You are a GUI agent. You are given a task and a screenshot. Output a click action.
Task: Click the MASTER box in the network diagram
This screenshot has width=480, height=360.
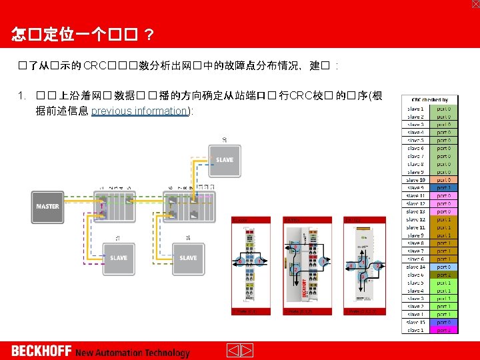pos(47,207)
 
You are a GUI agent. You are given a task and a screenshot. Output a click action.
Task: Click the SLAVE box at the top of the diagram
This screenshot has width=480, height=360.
pos(224,159)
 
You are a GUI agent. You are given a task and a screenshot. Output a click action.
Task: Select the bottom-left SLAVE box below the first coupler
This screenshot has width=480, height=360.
pos(118,257)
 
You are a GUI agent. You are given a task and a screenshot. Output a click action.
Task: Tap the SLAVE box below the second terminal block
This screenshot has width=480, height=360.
pos(188,257)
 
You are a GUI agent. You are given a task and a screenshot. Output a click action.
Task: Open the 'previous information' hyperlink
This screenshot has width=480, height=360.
pos(140,111)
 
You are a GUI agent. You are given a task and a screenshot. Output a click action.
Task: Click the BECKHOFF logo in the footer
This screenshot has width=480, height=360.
pos(41,351)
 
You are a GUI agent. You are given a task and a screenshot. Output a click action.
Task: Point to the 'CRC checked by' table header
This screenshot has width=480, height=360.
pos(430,99)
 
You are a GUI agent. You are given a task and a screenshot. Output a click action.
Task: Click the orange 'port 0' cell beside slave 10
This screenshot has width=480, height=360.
pos(443,180)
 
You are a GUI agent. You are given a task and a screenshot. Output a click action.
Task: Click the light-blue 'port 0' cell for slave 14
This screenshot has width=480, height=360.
pos(443,267)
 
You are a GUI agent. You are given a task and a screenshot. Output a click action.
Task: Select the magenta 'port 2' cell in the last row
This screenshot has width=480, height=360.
pos(443,330)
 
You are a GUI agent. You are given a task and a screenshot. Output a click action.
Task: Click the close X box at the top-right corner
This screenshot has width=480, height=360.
pos(475,4)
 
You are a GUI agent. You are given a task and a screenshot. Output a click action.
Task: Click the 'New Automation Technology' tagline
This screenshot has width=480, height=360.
pos(133,353)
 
